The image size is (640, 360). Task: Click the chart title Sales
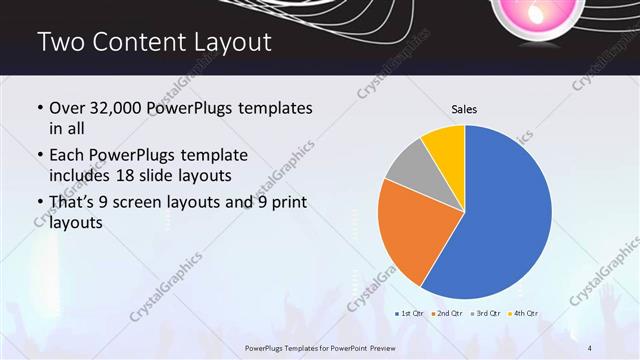[464, 108]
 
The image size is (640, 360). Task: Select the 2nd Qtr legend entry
[446, 315]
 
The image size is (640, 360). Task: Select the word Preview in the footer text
[392, 346]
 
